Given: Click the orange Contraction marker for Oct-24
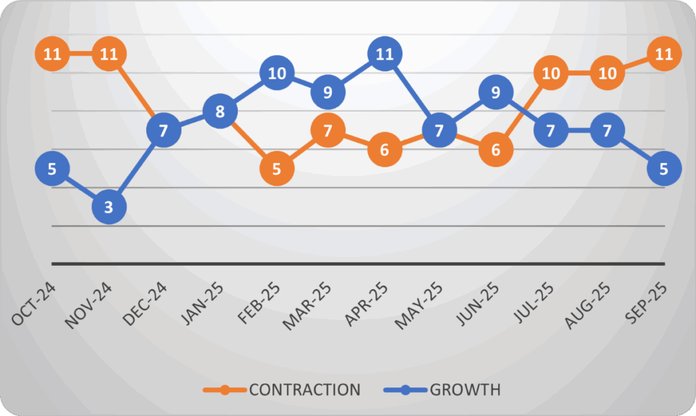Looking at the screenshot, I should [x=52, y=54].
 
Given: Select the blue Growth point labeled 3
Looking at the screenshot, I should [x=108, y=207].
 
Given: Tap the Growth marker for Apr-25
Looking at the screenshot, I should [x=385, y=54].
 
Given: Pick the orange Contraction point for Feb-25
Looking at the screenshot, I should [x=277, y=168].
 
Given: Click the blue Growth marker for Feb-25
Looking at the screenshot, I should [x=277, y=73].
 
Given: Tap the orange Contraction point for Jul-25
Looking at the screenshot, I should [x=551, y=73].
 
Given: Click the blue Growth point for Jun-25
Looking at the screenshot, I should [x=495, y=92].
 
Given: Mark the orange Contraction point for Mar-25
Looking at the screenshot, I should [x=328, y=130].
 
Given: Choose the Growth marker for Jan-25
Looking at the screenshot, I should [x=220, y=111].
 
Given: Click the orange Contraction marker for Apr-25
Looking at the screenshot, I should [x=385, y=149].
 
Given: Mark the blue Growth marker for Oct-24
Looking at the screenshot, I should [x=52, y=168].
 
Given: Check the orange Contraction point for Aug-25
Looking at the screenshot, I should [x=607, y=73].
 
